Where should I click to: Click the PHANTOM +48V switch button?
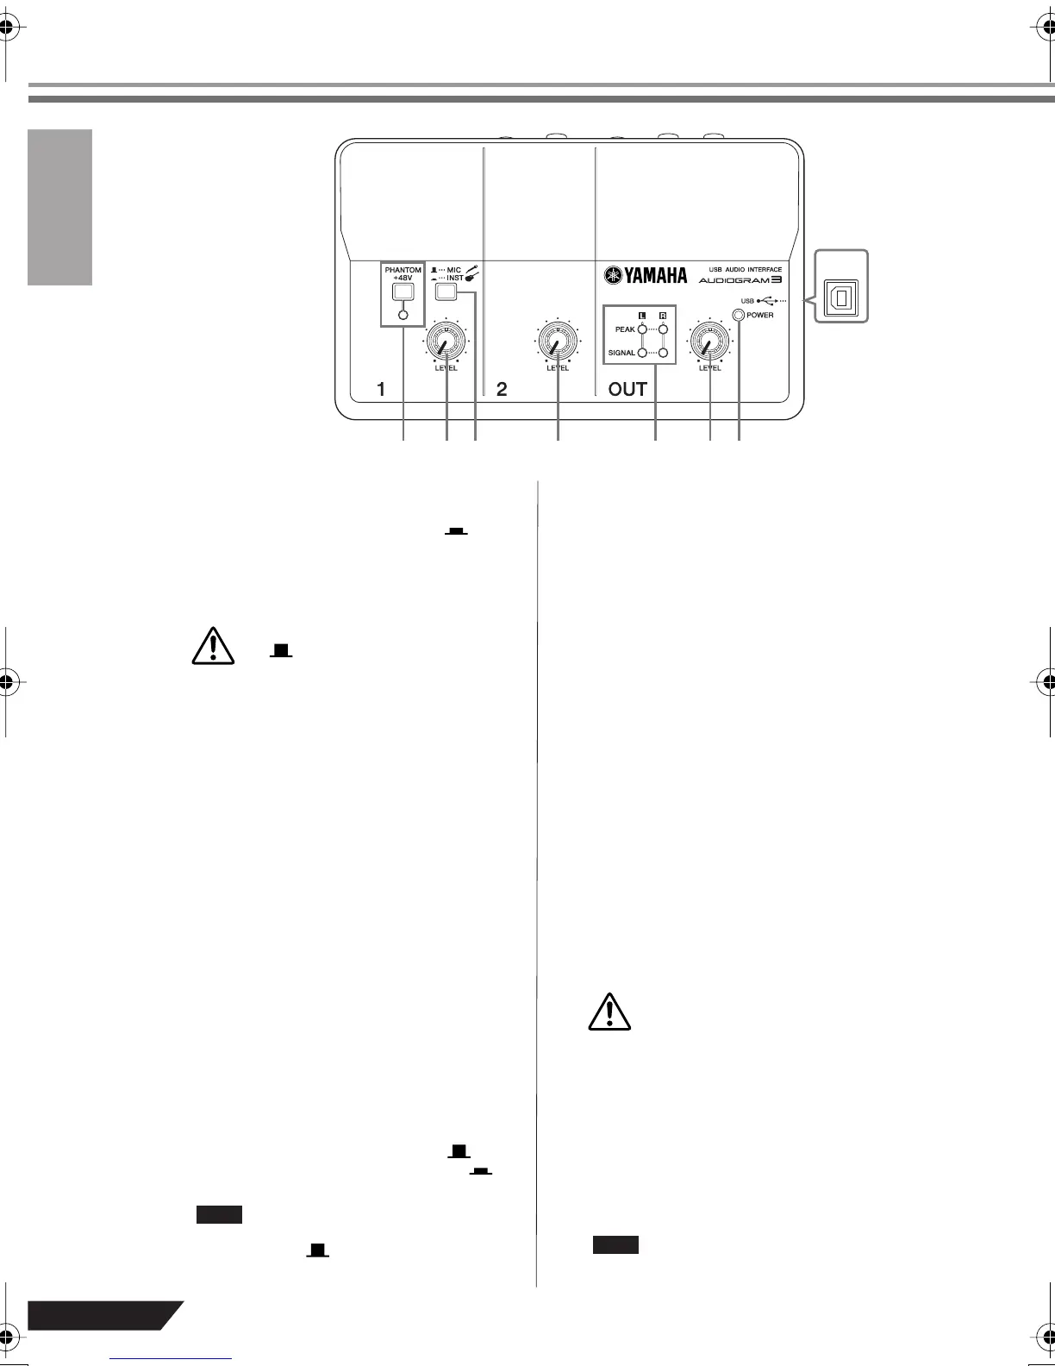coord(403,291)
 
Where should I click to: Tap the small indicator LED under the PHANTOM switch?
coord(403,315)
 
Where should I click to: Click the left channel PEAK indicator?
coord(642,329)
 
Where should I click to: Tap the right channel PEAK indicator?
coord(663,329)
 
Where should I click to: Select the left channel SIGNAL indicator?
coord(642,353)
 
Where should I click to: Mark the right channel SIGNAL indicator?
coord(663,353)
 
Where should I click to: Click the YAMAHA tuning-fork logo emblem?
coord(613,275)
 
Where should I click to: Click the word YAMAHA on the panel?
coord(656,276)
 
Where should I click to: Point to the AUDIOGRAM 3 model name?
coord(740,279)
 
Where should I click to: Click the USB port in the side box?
coord(841,298)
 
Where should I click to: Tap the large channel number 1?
coord(381,390)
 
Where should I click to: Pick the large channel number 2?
coord(502,390)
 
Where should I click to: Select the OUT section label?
coord(627,390)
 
